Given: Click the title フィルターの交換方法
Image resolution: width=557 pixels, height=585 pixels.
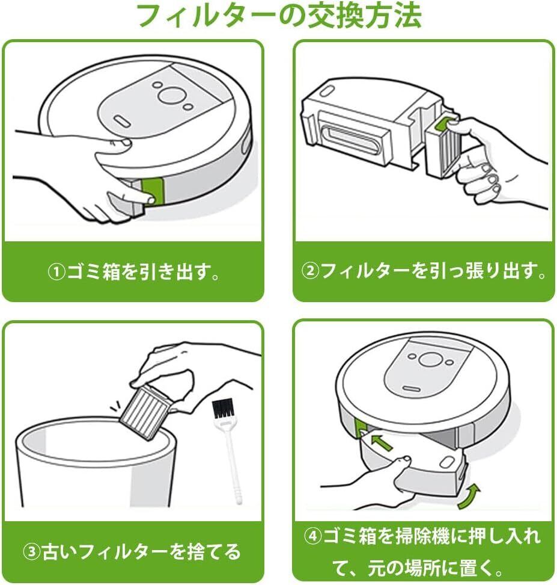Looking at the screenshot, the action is point(278,16).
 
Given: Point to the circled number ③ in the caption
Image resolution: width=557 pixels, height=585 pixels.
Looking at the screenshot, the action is point(32,551).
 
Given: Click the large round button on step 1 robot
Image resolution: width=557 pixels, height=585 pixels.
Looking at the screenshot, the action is point(171,94).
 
